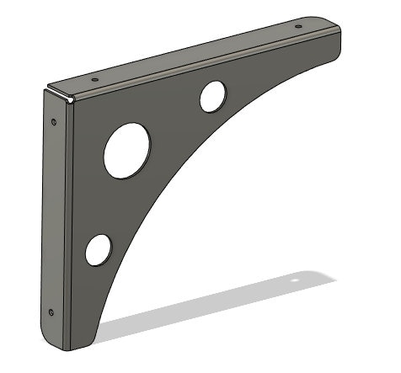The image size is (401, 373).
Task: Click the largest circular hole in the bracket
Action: click(x=127, y=150)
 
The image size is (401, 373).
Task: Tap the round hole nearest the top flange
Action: click(x=212, y=96)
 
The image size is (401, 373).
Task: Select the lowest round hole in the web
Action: click(x=99, y=249)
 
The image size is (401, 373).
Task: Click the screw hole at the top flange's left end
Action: click(x=94, y=80)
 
